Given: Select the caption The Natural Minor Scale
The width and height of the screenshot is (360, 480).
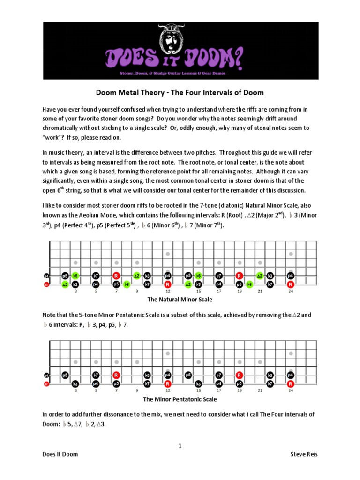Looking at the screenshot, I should click(x=180, y=299).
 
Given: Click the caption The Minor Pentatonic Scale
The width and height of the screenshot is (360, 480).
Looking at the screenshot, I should click(x=180, y=399).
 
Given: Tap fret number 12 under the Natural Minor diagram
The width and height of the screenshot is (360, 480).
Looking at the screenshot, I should click(x=167, y=291).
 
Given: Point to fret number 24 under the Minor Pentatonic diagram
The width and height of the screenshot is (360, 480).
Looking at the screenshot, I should click(x=291, y=390).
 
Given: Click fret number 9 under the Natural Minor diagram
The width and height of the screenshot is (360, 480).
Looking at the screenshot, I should click(x=137, y=291).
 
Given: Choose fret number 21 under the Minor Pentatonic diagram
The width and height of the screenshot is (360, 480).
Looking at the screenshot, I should click(x=260, y=390).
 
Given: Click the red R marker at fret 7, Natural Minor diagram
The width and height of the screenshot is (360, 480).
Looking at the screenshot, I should click(x=116, y=276).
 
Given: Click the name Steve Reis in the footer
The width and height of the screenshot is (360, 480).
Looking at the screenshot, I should click(x=304, y=454).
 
